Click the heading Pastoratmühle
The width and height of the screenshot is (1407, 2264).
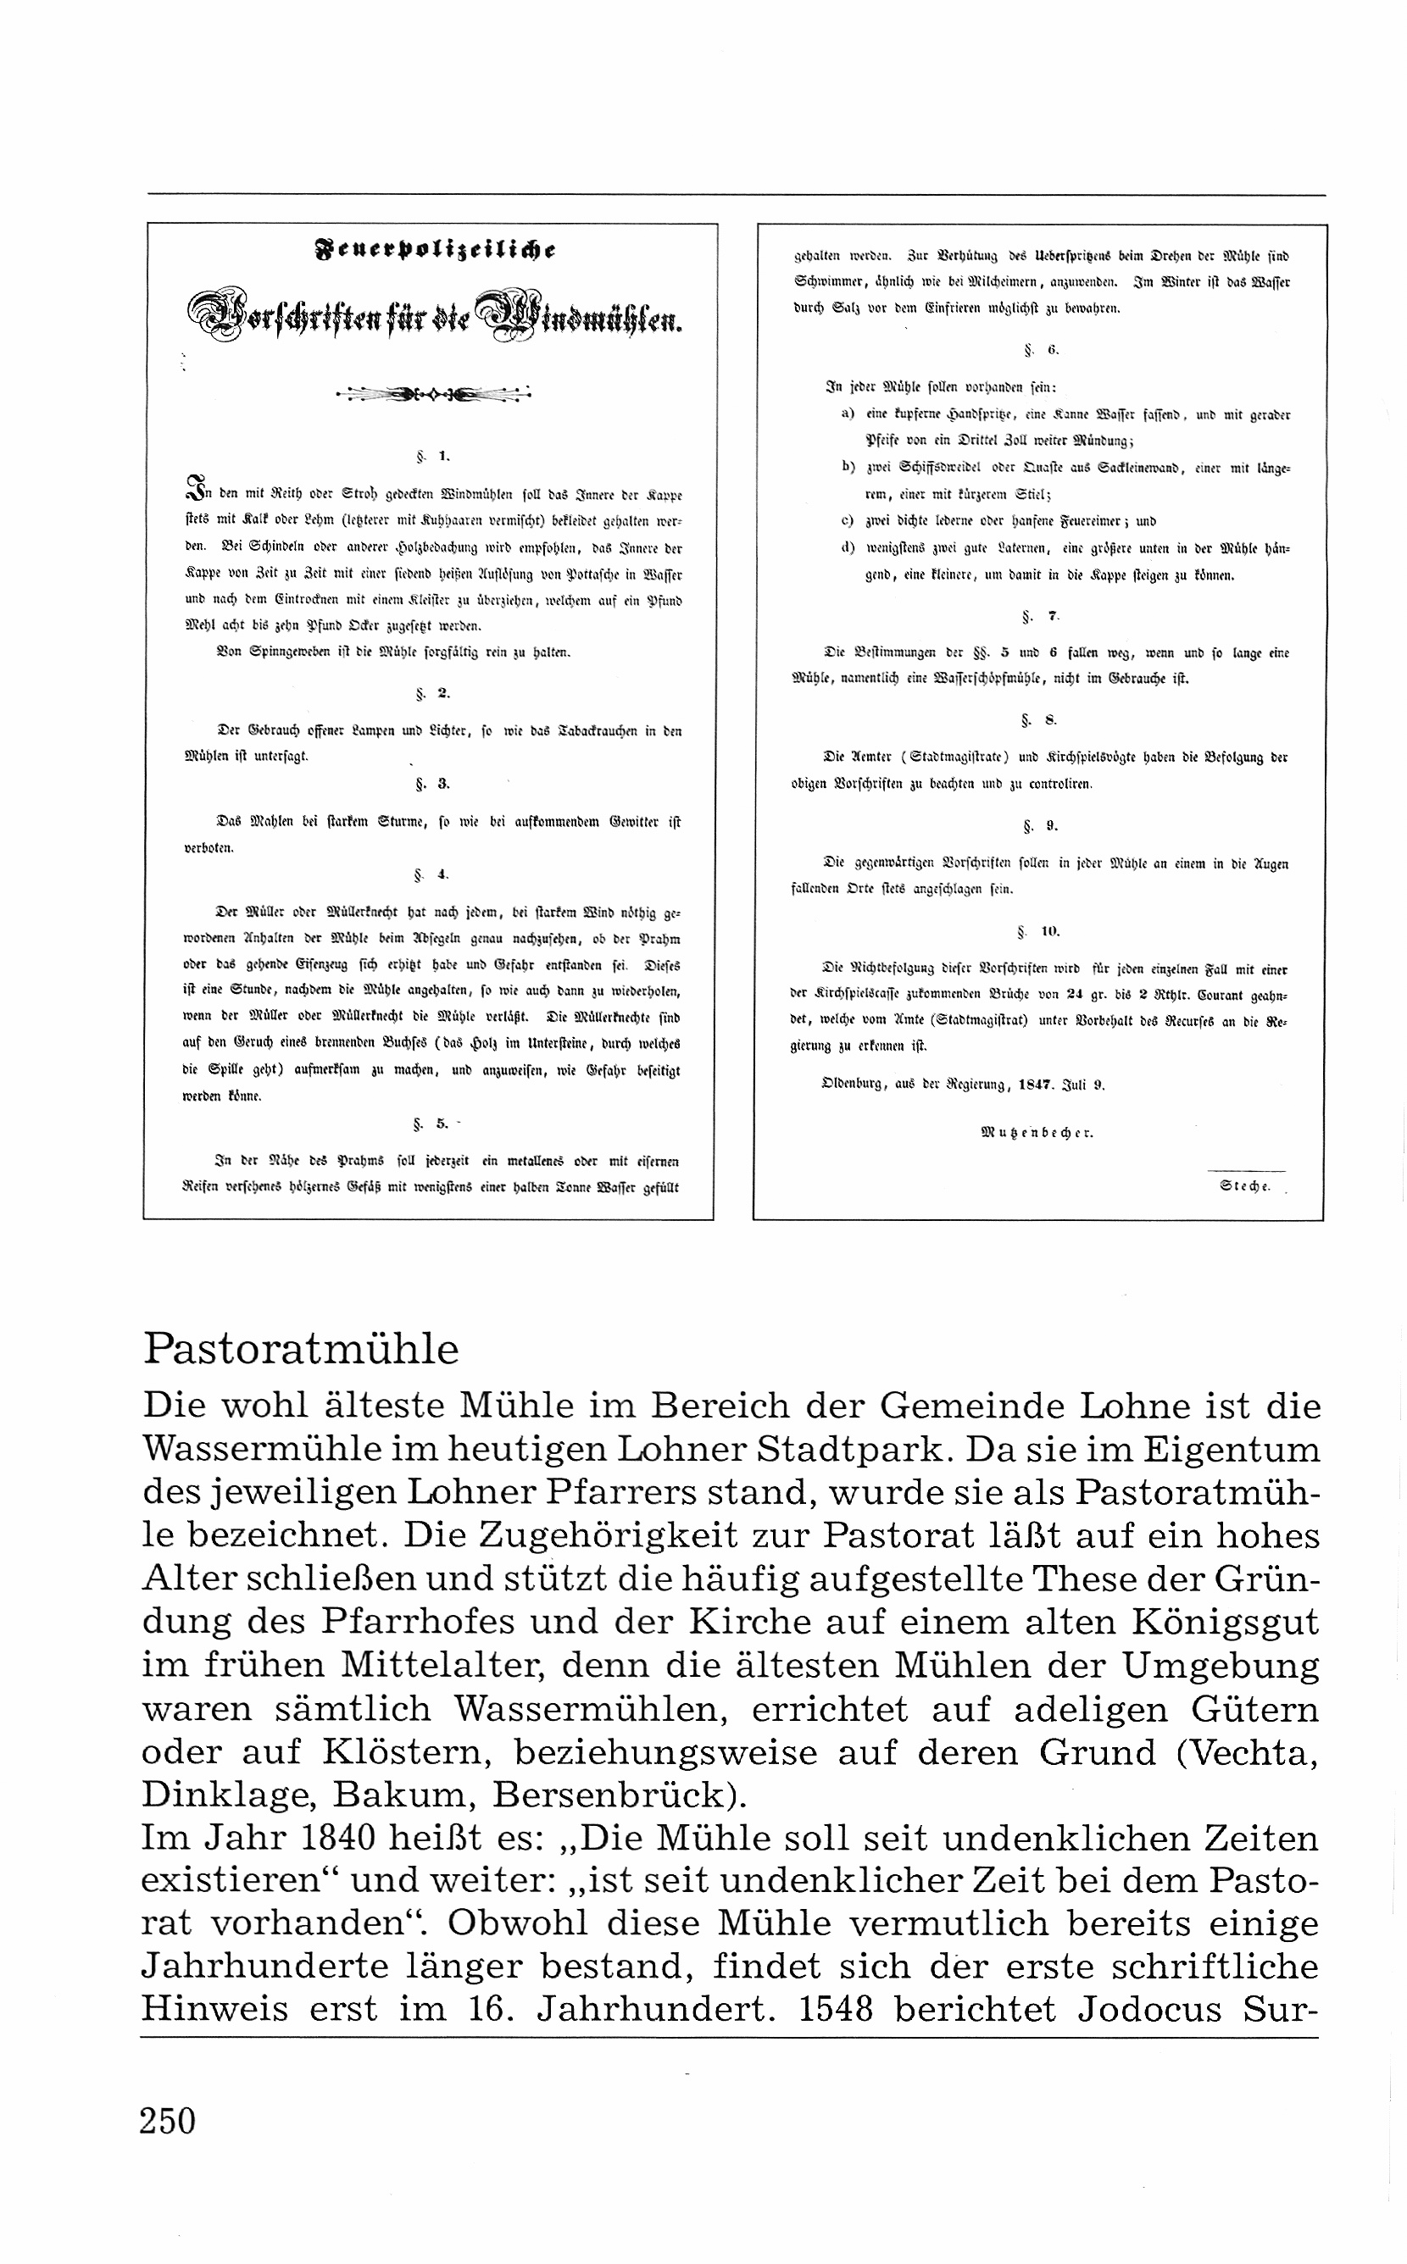pos(301,1350)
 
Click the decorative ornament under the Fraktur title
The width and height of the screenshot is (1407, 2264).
pos(433,396)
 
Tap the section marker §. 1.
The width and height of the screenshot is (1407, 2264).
pos(433,456)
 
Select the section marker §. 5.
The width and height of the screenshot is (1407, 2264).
pos(433,1124)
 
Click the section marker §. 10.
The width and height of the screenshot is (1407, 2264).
pos(1038,930)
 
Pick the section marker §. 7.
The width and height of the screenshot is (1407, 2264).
pos(1038,616)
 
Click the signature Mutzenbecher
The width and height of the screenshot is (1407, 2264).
pos(1037,1133)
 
